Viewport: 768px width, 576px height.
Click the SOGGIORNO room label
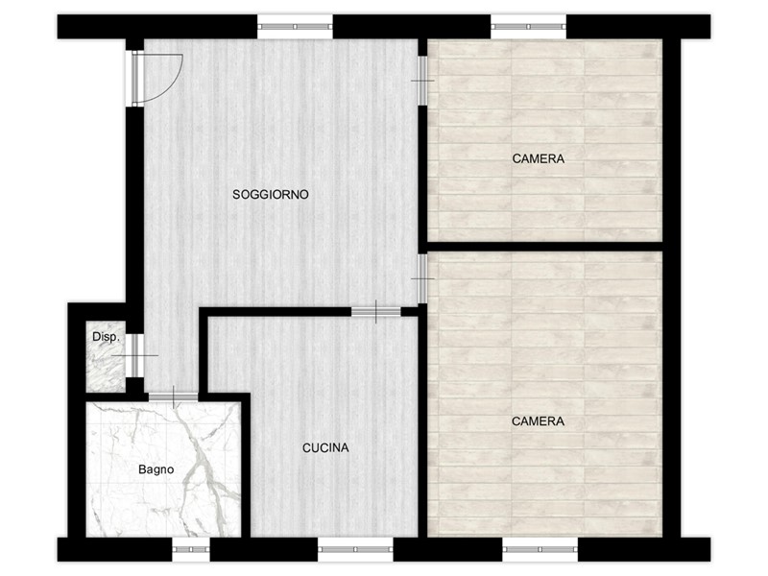click(271, 195)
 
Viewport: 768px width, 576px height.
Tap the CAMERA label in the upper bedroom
click(539, 158)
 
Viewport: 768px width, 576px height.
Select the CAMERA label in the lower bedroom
click(538, 421)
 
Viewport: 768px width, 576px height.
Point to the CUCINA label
click(325, 447)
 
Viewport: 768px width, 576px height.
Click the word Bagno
click(156, 469)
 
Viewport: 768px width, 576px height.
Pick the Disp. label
click(106, 337)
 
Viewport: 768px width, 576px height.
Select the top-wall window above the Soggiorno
click(295, 27)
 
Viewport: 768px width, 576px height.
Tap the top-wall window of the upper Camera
click(529, 27)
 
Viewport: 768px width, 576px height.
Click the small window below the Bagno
click(191, 549)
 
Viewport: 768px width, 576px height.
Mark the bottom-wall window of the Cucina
click(355, 549)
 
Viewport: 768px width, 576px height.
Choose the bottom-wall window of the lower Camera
click(540, 549)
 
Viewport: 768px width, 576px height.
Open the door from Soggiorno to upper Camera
click(422, 81)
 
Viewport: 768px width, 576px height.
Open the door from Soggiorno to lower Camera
click(422, 278)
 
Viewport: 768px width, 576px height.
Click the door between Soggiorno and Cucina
click(375, 311)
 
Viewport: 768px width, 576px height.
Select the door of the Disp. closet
click(138, 355)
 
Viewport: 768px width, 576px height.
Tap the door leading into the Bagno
click(174, 396)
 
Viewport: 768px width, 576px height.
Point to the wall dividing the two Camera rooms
click(545, 247)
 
